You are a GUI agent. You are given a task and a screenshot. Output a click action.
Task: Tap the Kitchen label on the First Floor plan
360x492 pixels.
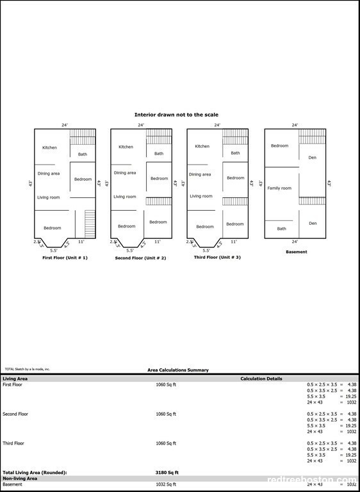49,148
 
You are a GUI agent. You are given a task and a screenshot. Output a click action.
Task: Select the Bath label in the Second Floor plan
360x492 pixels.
159,154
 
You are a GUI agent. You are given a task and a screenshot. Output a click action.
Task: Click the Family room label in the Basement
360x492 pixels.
279,188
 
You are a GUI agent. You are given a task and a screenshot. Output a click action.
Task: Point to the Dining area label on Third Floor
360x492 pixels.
200,174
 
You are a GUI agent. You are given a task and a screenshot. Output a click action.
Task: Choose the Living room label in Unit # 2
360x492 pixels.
125,197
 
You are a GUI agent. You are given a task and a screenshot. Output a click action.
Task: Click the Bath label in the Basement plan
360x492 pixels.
282,229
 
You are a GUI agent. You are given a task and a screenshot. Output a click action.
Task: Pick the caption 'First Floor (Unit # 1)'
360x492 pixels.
65,258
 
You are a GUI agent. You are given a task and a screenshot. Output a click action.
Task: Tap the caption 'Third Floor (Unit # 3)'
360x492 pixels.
217,257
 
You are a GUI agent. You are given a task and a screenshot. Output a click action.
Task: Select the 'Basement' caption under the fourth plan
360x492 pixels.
297,252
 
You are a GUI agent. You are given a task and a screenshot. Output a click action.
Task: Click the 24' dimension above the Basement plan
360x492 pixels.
295,125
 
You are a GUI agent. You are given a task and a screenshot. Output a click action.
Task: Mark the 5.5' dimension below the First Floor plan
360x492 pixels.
53,250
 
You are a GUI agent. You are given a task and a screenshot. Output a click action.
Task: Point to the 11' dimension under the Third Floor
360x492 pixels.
233,242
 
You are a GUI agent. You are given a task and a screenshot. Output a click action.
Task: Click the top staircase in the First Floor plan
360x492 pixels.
82,136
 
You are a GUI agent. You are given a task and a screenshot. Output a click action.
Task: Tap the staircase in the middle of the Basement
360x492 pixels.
312,201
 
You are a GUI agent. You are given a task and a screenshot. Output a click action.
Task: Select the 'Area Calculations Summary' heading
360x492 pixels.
178,370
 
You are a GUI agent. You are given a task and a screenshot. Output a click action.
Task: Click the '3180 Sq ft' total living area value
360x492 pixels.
167,472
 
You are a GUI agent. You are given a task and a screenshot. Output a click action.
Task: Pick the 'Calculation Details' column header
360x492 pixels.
261,379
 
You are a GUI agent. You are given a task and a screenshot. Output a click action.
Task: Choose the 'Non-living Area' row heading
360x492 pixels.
20,478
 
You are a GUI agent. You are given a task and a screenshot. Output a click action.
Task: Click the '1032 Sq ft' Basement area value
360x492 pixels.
166,484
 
